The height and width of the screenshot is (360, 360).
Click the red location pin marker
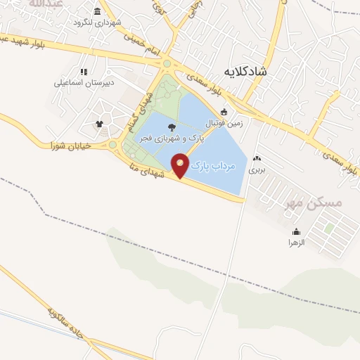(x=181, y=165)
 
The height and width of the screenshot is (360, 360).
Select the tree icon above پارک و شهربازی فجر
(x=173, y=127)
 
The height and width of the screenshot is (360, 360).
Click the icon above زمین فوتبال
(x=224, y=110)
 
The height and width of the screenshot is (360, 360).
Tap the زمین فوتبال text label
(x=223, y=122)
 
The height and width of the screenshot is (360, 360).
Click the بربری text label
(x=257, y=169)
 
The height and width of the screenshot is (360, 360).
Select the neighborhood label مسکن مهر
(x=314, y=202)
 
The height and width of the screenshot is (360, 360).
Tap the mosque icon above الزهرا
(x=296, y=231)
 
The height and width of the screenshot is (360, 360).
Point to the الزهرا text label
(x=295, y=243)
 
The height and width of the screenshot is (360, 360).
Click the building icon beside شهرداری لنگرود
(x=96, y=13)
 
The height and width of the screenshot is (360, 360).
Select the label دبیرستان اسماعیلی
(x=82, y=82)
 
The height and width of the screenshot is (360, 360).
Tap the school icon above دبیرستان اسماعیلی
(x=84, y=71)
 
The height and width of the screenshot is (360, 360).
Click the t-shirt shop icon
(x=99, y=124)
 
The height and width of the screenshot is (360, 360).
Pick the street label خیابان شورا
(x=61, y=146)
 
